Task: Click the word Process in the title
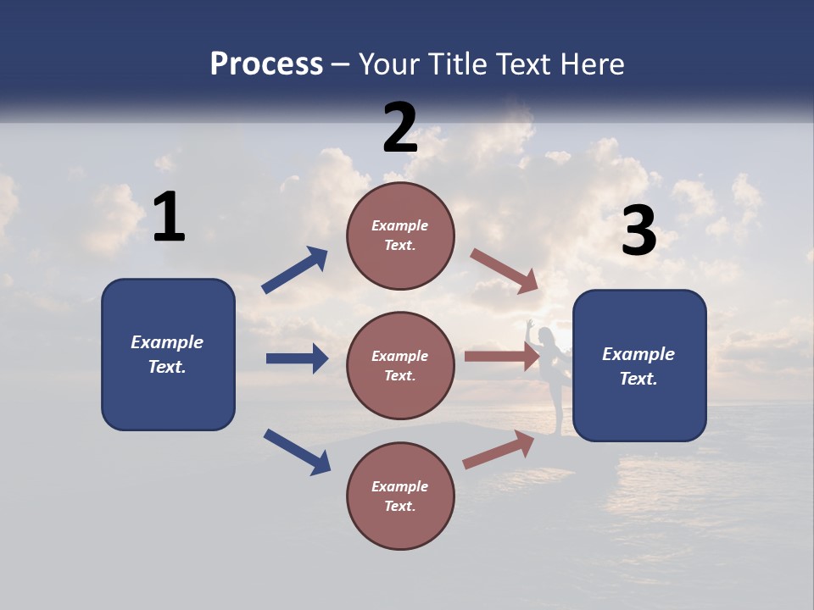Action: tap(266, 64)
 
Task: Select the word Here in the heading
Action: tap(591, 64)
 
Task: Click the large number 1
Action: tap(169, 217)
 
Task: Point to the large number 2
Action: tap(400, 128)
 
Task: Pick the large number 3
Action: tap(639, 231)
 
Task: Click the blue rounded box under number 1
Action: tap(168, 354)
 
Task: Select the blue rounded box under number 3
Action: tap(639, 365)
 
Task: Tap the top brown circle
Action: tap(400, 236)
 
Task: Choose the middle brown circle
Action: tap(400, 365)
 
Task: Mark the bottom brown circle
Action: tap(400, 496)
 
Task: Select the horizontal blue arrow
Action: tap(297, 358)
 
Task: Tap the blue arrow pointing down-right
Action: tap(297, 451)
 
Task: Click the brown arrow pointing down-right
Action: tap(505, 271)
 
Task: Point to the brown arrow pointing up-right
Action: tap(499, 450)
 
